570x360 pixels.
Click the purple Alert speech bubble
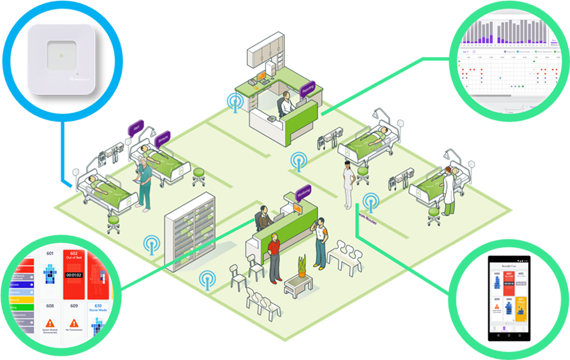(137, 128)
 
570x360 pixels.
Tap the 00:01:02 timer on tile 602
(74, 275)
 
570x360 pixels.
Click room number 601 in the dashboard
(50, 253)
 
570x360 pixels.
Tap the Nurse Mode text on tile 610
(98, 312)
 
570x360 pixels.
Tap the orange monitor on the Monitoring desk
(297, 208)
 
